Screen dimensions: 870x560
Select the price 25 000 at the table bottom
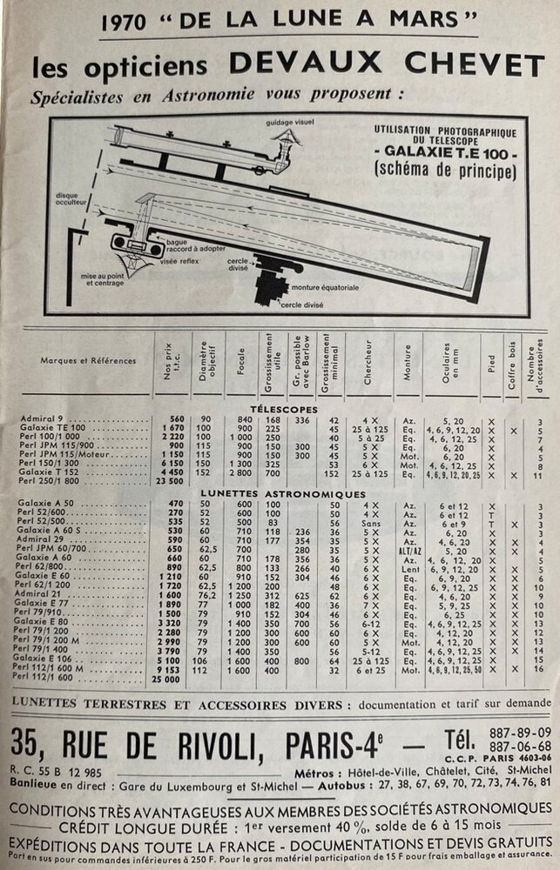tap(167, 678)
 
